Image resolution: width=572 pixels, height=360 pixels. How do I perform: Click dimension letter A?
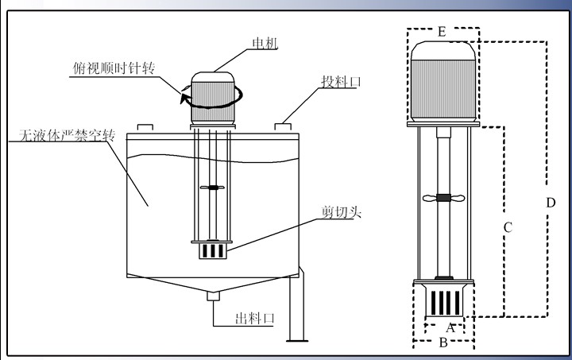(450, 327)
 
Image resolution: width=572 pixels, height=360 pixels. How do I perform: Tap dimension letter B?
(444, 343)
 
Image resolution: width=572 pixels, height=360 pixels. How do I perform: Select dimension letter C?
(508, 226)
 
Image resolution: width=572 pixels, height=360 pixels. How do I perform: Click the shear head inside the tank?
(211, 250)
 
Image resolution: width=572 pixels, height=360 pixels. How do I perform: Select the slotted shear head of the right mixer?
(444, 302)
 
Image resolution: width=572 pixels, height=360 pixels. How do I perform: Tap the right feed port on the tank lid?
(284, 126)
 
